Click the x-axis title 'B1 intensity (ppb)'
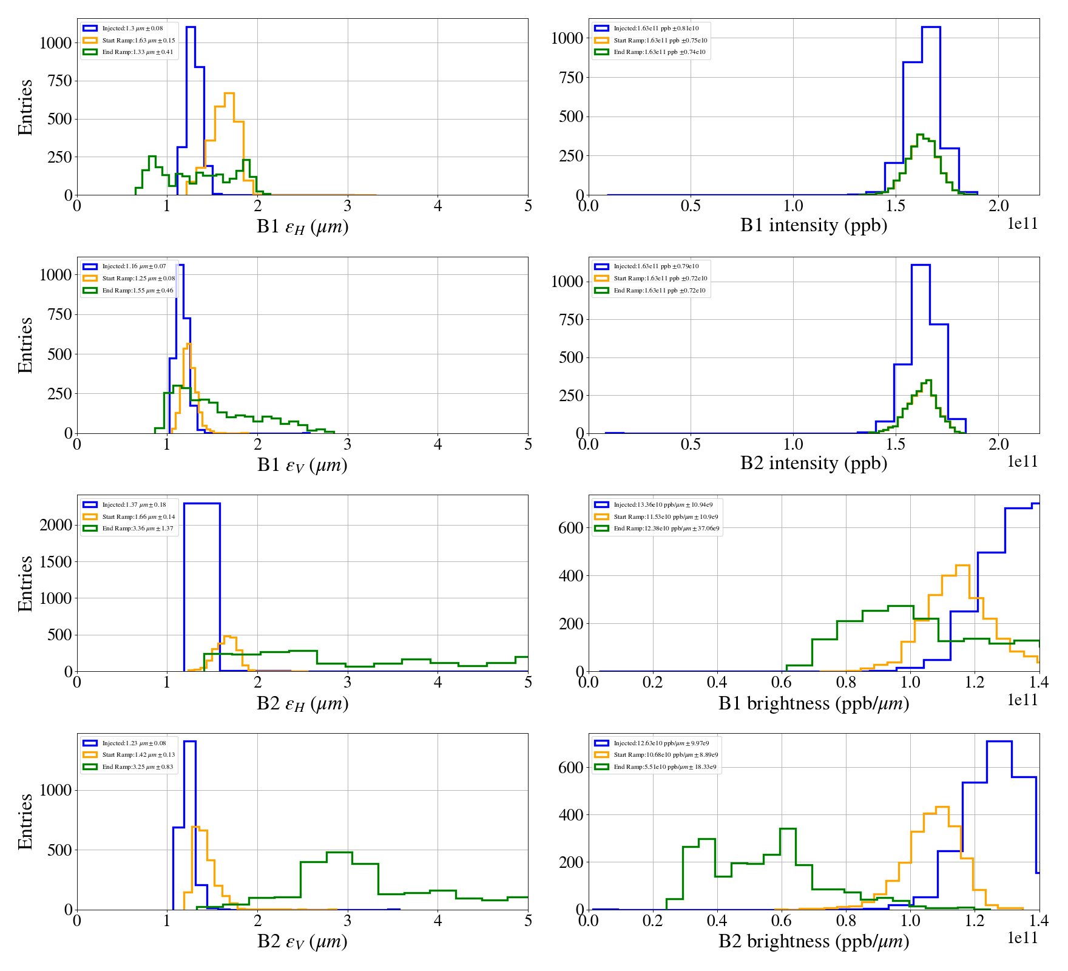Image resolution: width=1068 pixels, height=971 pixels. pyautogui.click(x=813, y=225)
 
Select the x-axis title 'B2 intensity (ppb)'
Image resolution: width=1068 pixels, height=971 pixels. pyautogui.click(x=813, y=463)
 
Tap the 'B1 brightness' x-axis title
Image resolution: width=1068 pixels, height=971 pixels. pyautogui.click(x=813, y=703)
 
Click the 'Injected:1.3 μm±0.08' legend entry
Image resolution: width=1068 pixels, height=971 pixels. pyautogui.click(x=132, y=29)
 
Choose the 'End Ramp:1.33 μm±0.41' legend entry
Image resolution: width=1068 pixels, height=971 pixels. pyautogui.click(x=137, y=52)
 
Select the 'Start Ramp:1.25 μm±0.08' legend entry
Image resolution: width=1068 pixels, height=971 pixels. pyautogui.click(x=138, y=279)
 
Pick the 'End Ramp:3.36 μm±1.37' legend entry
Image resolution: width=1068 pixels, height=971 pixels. pyautogui.click(x=137, y=529)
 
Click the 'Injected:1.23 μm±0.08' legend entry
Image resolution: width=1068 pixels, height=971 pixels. pyautogui.click(x=133, y=743)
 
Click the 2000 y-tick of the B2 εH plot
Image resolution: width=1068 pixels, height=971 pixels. pyautogui.click(x=56, y=525)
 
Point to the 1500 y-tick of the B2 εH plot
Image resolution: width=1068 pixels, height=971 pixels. pyautogui.click(x=56, y=562)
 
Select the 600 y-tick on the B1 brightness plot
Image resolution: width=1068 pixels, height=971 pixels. pyautogui.click(x=570, y=528)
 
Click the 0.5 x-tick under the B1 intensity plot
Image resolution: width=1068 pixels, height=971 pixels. pyautogui.click(x=691, y=206)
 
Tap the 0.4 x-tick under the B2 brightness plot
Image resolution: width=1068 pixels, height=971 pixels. pyautogui.click(x=717, y=921)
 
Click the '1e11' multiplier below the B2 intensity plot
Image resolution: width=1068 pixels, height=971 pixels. pyautogui.click(x=1022, y=462)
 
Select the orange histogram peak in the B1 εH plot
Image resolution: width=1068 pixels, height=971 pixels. pyautogui.click(x=229, y=94)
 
